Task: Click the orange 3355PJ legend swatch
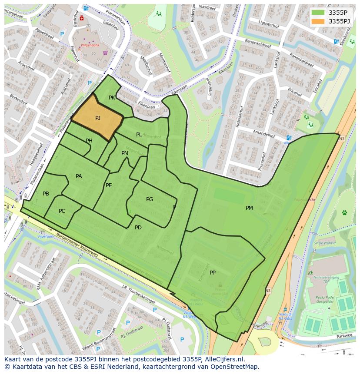coord(318,21)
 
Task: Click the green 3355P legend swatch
coord(318,12)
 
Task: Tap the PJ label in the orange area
coord(98,118)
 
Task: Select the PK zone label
coord(112,98)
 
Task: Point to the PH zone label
coord(89,141)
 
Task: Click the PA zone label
coord(79,176)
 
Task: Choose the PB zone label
coord(46,194)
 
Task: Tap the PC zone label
coord(62,211)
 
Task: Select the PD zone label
coord(138,228)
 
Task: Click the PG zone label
coord(150,199)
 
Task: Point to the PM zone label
coord(249,208)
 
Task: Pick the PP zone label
coord(213,273)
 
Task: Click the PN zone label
coord(125,153)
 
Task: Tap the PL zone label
coord(139,135)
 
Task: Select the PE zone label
coord(109,185)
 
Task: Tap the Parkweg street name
coord(343,336)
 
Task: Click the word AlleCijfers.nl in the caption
coord(223,359)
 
